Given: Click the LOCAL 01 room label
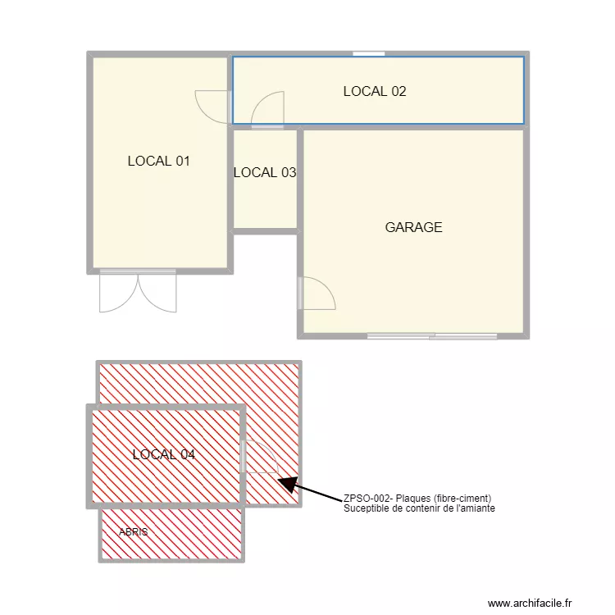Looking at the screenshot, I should tap(158, 161).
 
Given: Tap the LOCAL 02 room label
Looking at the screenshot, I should tap(374, 91).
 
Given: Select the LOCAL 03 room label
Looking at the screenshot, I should tap(264, 172).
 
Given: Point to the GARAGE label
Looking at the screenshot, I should tap(413, 227).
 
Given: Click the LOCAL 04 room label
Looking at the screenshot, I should tap(163, 454).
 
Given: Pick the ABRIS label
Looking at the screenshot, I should tap(134, 532).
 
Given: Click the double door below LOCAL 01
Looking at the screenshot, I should tap(138, 292).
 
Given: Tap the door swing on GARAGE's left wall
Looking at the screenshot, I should tap(317, 294).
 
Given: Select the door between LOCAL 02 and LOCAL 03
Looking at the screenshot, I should tap(267, 112).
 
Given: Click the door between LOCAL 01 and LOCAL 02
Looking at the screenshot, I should tap(212, 106).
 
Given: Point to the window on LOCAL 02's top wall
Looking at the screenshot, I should tap(369, 54).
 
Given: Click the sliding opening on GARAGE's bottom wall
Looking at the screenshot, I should tap(432, 335).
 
